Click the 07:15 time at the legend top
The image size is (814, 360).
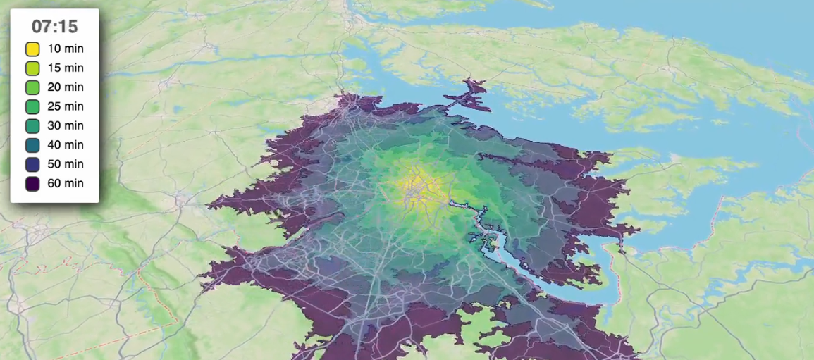pos(54,27)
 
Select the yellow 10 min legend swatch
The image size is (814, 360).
pos(32,49)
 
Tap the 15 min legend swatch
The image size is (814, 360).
pos(32,68)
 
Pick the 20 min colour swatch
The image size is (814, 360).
pos(32,87)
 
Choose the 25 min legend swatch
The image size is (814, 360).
pos(32,106)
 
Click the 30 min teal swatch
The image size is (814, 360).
pos(32,125)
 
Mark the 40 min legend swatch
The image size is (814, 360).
pos(32,145)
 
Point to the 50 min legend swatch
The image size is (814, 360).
pos(32,164)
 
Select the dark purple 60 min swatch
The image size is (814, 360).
pos(32,183)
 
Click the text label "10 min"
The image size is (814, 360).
pos(66,49)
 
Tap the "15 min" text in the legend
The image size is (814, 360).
pos(66,68)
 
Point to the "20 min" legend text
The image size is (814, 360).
pos(66,87)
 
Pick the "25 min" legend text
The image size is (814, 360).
pos(66,106)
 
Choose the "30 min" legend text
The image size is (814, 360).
pos(66,125)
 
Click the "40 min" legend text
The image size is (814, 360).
pos(66,145)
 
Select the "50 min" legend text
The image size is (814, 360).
pos(66,164)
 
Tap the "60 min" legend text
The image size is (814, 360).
pos(66,183)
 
